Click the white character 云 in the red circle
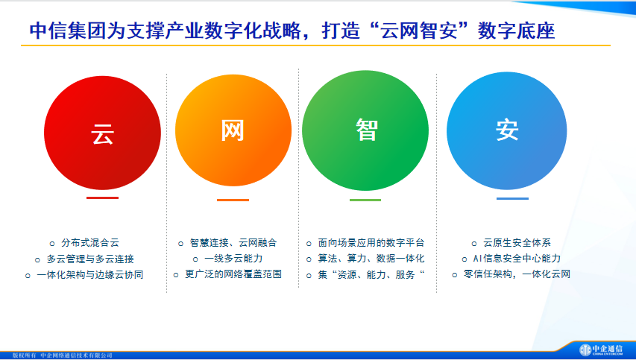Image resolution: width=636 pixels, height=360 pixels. [102, 133]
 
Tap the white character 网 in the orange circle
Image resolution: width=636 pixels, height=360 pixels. [233, 130]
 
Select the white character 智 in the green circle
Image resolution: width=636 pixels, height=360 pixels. [367, 130]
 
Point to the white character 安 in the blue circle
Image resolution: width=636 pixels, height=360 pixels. [507, 130]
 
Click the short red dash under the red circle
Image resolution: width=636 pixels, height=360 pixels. [103, 198]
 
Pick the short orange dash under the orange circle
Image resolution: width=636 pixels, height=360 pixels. [233, 200]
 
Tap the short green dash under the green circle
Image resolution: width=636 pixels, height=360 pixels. [365, 200]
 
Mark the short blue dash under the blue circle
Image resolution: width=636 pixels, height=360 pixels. [512, 199]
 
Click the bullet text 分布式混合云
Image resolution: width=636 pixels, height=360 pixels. [90, 243]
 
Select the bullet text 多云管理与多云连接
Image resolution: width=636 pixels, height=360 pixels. [90, 259]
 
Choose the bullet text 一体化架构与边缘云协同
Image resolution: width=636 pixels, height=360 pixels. [90, 275]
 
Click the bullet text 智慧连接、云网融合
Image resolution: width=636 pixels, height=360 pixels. [233, 243]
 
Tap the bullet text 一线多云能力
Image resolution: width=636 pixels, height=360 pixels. [233, 259]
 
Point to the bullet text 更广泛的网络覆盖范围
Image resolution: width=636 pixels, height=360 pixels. [233, 274]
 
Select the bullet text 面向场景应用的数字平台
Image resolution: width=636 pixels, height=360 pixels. [371, 243]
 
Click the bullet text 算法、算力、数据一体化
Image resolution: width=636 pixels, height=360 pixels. [371, 259]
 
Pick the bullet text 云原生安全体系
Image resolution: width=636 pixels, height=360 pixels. [517, 243]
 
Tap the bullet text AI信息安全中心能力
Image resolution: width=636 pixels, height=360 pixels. [517, 259]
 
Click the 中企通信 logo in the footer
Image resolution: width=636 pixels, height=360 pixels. [601, 350]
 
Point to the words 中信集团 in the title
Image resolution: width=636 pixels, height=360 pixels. [67, 31]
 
